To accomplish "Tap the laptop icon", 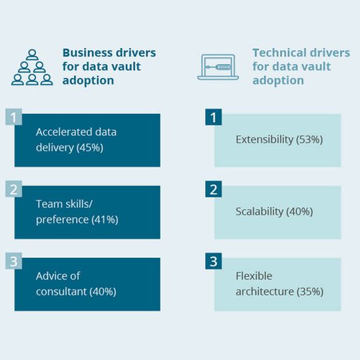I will pyautogui.click(x=218, y=67).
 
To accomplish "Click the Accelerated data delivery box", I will pyautogui.click(x=87, y=140).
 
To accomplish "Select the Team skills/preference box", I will pyautogui.click(x=87, y=212).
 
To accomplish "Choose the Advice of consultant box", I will pyautogui.click(x=87, y=284).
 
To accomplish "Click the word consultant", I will pyautogui.click(x=62, y=291).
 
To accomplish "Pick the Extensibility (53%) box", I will pyautogui.click(x=277, y=140).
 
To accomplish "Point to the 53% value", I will pyautogui.click(x=310, y=140).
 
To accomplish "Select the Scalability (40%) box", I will pyautogui.click(x=277, y=212).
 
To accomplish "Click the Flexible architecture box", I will pyautogui.click(x=277, y=284).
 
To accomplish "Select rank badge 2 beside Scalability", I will pyautogui.click(x=213, y=189).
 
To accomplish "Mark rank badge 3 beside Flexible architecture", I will pyautogui.click(x=213, y=261).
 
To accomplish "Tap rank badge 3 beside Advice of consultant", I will pyautogui.click(x=13, y=261).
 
